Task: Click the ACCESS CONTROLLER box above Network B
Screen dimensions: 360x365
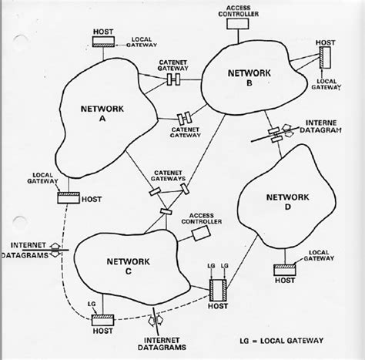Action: (242, 23)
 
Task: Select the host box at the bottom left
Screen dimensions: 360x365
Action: (102, 320)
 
